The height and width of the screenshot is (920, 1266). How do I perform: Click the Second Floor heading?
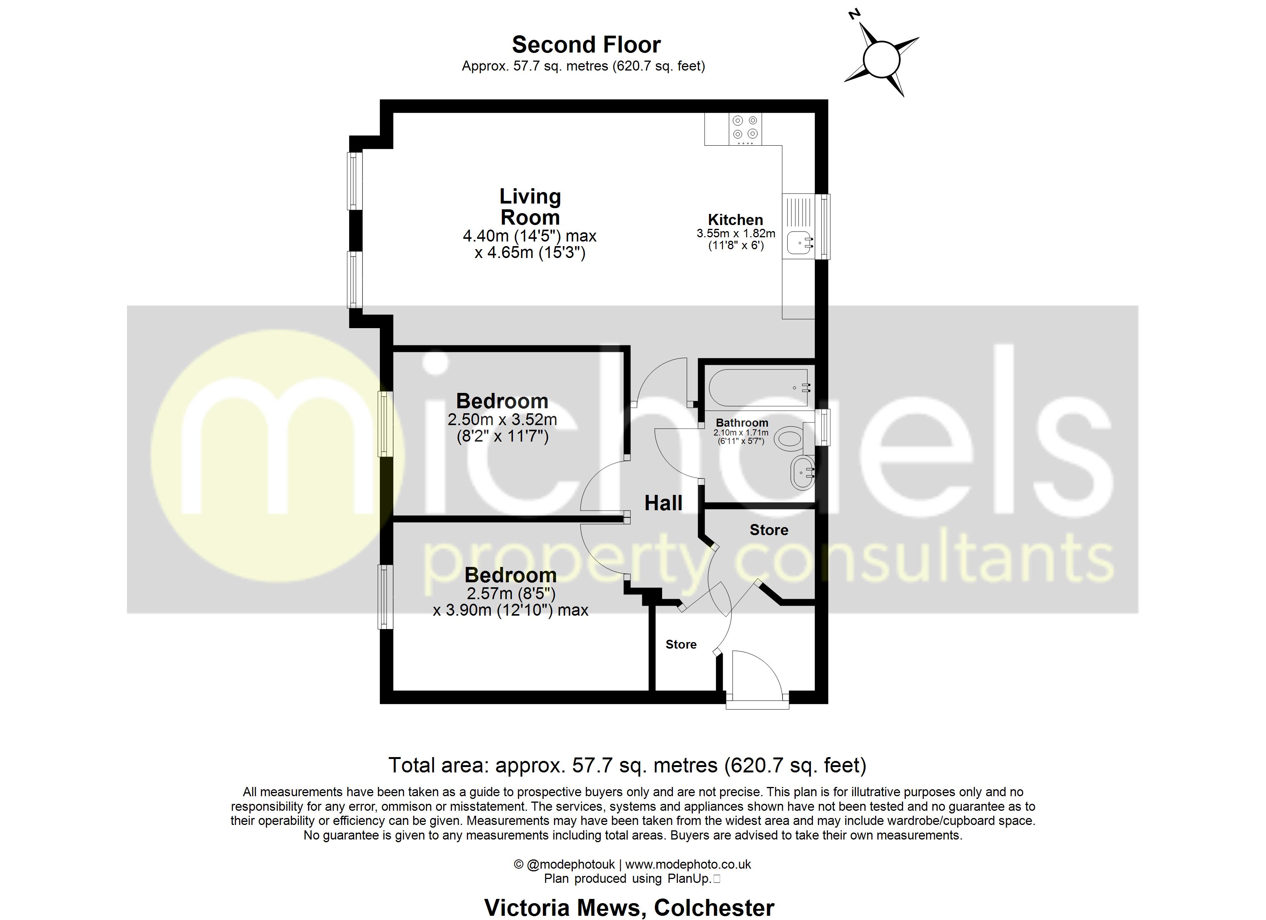586,44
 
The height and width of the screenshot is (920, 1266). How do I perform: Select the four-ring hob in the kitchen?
745,128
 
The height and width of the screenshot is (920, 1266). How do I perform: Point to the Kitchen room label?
735,220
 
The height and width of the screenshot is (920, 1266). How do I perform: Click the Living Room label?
530,207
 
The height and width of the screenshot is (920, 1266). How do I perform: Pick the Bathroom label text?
742,423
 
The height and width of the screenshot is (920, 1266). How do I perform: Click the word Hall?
663,503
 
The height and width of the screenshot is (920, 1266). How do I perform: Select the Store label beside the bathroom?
769,530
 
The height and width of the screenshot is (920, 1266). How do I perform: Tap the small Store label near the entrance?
681,644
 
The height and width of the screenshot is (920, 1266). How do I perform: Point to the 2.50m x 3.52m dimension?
502,419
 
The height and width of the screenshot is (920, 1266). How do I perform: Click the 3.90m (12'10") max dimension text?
510,610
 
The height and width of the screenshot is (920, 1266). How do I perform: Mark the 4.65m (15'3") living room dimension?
530,253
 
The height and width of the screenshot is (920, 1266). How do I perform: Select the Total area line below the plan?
627,765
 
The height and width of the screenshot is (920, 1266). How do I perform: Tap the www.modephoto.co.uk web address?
688,864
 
